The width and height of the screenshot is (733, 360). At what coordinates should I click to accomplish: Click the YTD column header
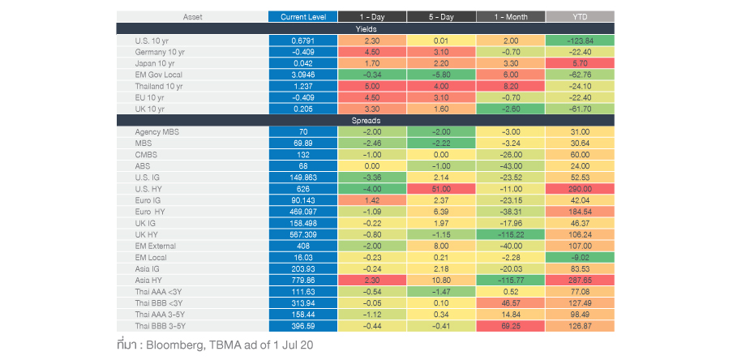point(580,16)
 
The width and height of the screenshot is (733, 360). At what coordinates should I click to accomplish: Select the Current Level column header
point(302,16)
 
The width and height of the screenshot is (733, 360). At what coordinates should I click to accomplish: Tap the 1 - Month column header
point(510,16)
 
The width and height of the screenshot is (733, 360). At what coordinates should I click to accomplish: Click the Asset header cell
point(192,16)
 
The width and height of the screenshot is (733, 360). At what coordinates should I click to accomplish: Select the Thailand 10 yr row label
point(160,85)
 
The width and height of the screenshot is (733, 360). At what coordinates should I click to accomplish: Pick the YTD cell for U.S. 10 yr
point(580,40)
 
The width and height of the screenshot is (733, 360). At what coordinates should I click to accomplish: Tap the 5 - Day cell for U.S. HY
point(440,188)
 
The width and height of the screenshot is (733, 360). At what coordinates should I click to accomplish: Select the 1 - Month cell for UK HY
point(510,234)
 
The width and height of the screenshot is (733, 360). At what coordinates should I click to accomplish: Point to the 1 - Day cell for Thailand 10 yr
point(371,85)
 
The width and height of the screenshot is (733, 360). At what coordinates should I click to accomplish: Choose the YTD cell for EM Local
point(580,257)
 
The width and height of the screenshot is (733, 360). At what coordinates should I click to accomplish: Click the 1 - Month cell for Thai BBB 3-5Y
point(510,326)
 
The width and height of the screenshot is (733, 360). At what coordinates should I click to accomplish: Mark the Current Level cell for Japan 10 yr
point(302,62)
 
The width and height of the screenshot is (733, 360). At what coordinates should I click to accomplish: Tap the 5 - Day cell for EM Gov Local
point(440,74)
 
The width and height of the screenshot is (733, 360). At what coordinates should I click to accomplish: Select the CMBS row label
point(146,154)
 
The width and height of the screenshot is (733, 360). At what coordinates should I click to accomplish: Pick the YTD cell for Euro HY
point(580,212)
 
